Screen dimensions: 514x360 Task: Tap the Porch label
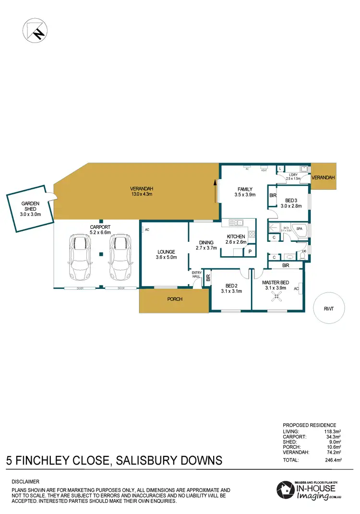(x=174, y=299)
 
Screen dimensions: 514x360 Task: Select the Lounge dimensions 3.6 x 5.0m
(x=166, y=258)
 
